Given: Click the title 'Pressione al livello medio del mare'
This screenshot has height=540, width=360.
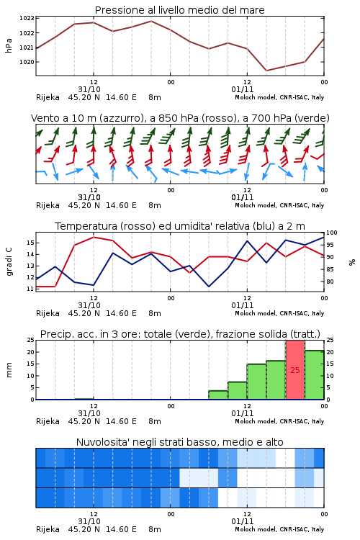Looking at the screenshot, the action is tap(179, 10).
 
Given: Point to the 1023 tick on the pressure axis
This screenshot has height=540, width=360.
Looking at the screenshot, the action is tap(27, 18).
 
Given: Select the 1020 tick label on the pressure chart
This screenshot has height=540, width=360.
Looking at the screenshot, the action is tap(27, 62).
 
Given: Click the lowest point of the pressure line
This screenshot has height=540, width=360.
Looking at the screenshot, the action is tap(266, 71).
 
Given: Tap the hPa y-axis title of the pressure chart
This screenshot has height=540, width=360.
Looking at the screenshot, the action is tap(9, 46).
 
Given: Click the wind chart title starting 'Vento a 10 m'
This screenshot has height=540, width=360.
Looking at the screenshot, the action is tap(180, 118).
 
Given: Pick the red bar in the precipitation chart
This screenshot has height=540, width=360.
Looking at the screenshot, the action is tap(295, 370).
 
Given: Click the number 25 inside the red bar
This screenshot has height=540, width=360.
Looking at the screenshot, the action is tap(295, 370).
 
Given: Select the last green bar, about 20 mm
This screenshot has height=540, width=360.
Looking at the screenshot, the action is tap(314, 375).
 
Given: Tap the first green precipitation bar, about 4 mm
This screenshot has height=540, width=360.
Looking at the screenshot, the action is tap(218, 395).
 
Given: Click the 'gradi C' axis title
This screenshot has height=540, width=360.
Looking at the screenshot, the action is tap(9, 262).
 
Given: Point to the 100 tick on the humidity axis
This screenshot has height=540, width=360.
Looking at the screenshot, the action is tap(332, 233).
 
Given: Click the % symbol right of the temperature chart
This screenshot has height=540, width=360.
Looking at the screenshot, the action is tap(352, 262).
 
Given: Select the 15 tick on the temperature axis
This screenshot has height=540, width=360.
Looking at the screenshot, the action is tap(30, 243).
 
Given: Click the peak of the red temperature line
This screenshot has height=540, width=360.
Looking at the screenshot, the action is tap(94, 237).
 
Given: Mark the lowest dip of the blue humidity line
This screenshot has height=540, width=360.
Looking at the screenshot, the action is tap(209, 287).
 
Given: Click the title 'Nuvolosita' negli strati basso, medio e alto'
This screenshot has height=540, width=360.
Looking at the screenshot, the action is tap(179, 442).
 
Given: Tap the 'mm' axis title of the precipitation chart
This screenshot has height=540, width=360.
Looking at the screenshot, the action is tap(9, 370).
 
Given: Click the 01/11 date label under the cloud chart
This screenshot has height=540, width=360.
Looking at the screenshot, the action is tap(243, 521).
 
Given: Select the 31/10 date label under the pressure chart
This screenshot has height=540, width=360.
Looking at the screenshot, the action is tap(89, 89).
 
